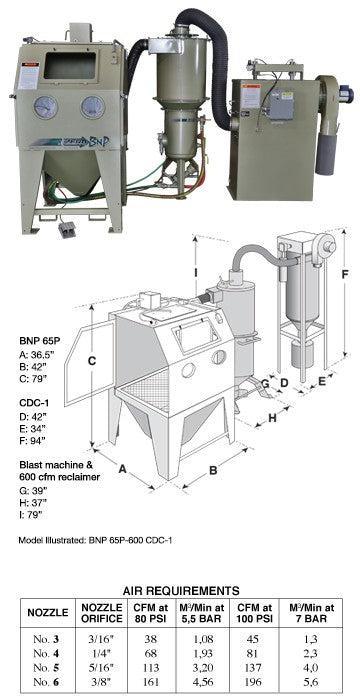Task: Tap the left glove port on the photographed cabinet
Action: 43,108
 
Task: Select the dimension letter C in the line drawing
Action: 90,360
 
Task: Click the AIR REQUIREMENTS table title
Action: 179,591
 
